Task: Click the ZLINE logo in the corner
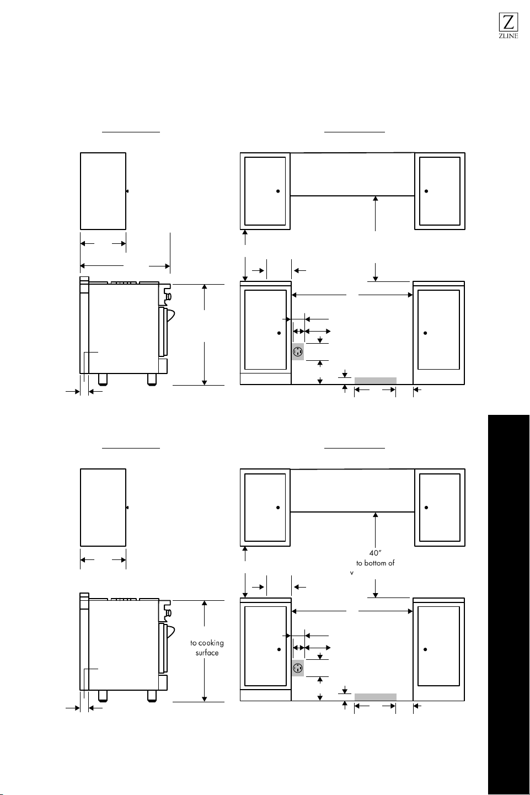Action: tap(508, 25)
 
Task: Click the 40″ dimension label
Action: tap(375, 553)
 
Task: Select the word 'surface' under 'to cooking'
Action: tap(207, 653)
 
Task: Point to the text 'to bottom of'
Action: tap(376, 563)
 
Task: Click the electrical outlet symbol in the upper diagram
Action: tap(298, 352)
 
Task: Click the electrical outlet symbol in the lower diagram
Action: tap(298, 668)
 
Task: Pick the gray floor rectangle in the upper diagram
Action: tap(376, 381)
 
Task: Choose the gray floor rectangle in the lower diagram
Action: tap(376, 697)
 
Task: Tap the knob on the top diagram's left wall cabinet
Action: tap(278, 191)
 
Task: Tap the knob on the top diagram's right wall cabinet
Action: tap(426, 191)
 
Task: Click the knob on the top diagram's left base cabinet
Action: tap(279, 333)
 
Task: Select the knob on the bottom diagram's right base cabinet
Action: tap(425, 649)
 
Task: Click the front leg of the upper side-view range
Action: tap(152, 380)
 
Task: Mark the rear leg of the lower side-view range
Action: tap(103, 696)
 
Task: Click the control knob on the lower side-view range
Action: tap(169, 613)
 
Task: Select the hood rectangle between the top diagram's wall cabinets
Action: tap(352, 174)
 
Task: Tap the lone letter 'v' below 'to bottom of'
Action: tap(352, 573)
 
